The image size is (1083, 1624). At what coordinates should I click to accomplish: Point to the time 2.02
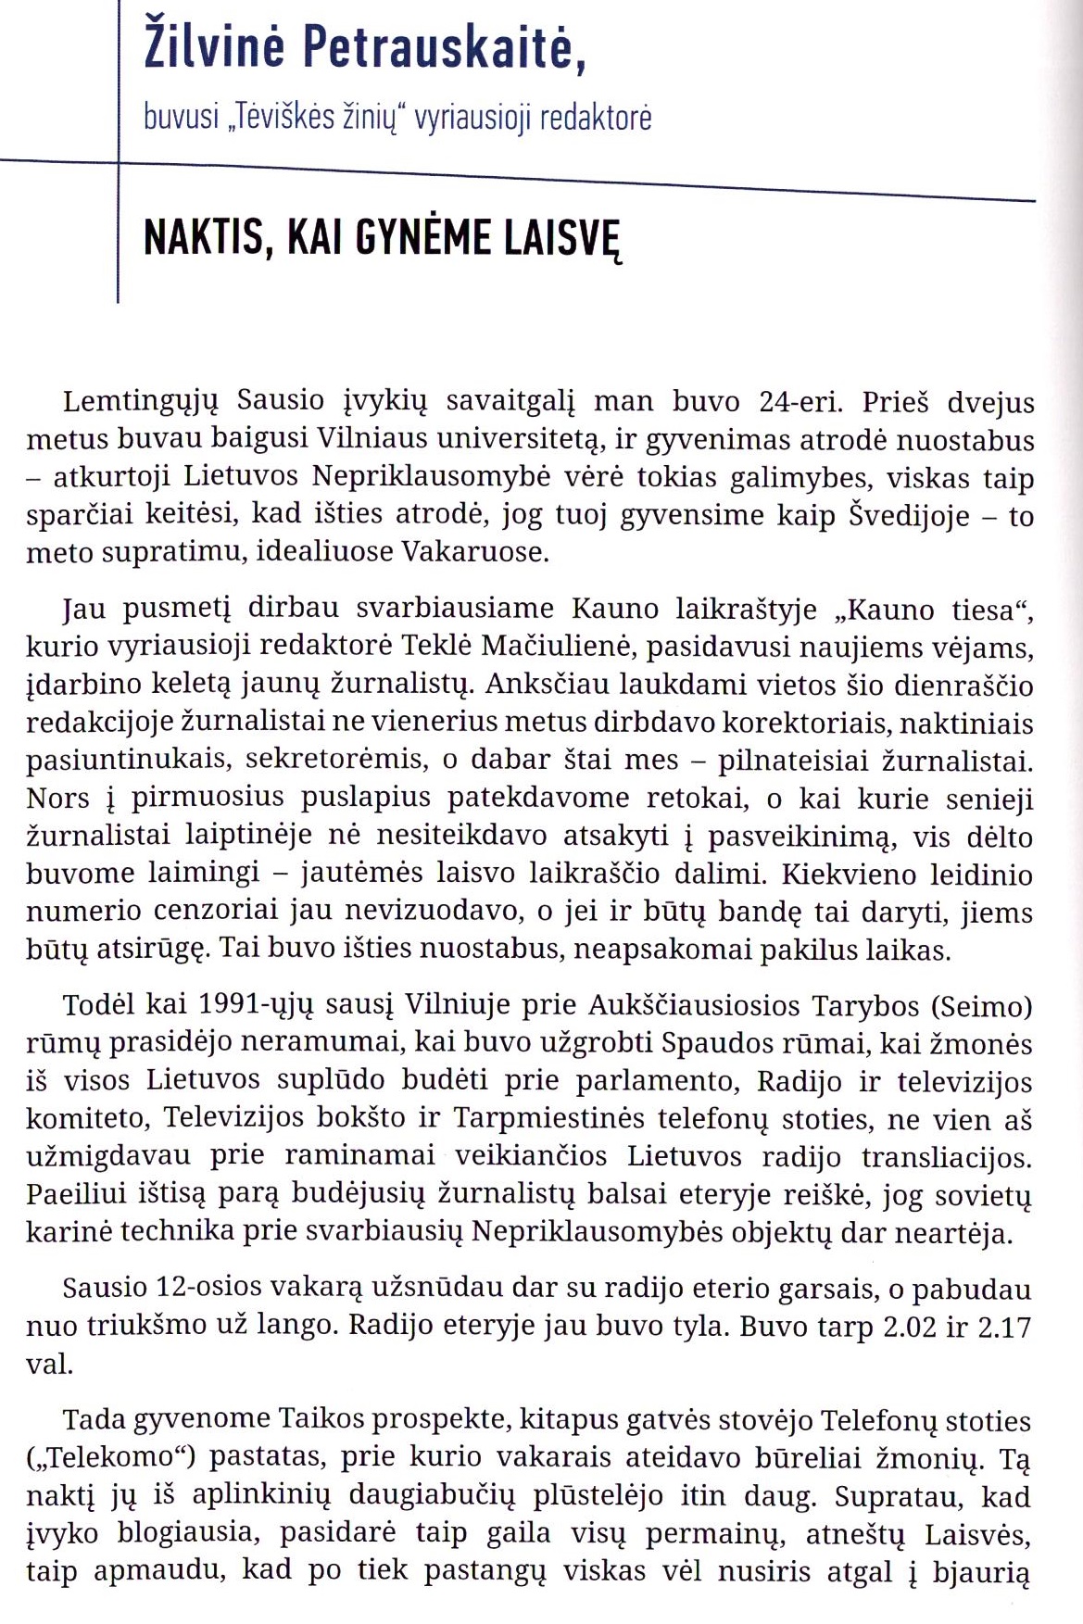click(913, 1327)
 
